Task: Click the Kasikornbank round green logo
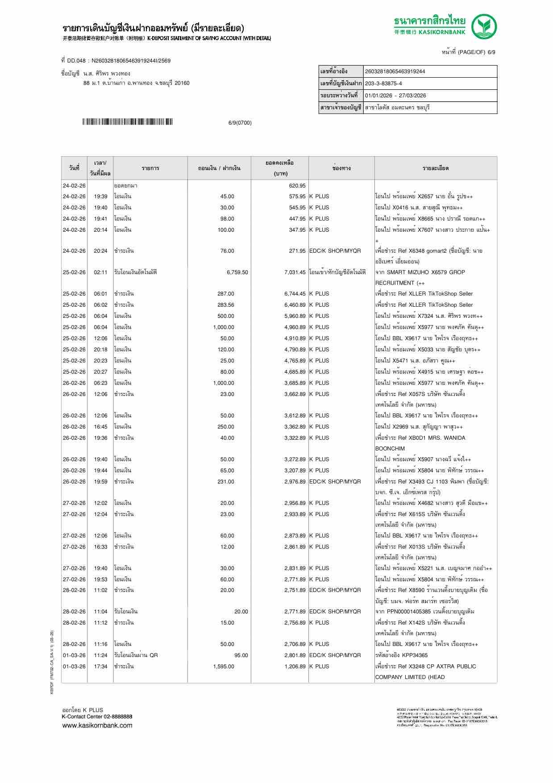click(x=484, y=26)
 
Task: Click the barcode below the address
click(x=127, y=122)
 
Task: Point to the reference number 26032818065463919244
click(x=395, y=71)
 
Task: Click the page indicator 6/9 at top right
click(x=491, y=52)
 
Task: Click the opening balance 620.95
click(x=297, y=186)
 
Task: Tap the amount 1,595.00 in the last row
click(x=223, y=666)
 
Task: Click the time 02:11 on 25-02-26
click(x=100, y=272)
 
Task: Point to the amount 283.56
click(x=225, y=305)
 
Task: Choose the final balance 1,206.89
click(x=295, y=666)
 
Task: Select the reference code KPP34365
click(x=415, y=655)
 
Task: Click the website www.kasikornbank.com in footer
click(x=97, y=725)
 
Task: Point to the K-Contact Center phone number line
click(x=97, y=716)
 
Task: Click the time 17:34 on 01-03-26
click(x=100, y=666)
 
